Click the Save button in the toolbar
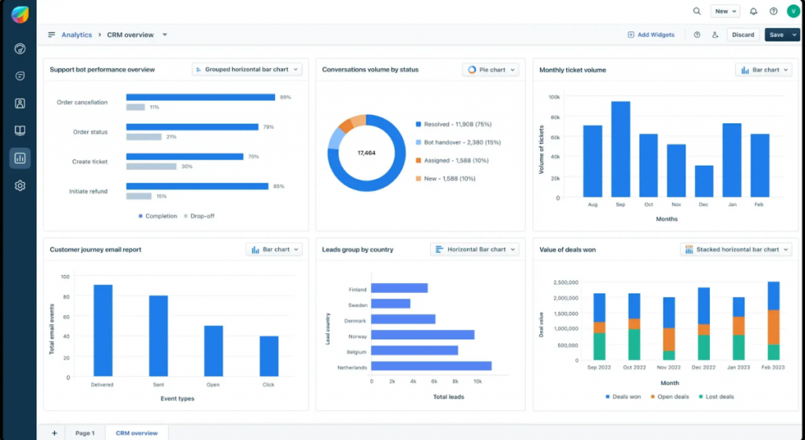click(x=776, y=35)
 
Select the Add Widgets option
click(x=651, y=35)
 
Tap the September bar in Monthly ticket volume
click(x=620, y=148)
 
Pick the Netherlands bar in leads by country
click(x=431, y=365)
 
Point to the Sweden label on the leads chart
click(x=357, y=304)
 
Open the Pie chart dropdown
click(x=491, y=70)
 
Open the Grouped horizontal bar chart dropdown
click(x=247, y=70)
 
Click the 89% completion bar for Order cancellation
click(x=200, y=97)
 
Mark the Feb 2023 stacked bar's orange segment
click(x=774, y=327)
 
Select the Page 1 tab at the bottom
click(x=85, y=433)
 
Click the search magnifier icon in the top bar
click(x=697, y=12)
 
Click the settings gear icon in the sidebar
click(x=20, y=186)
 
